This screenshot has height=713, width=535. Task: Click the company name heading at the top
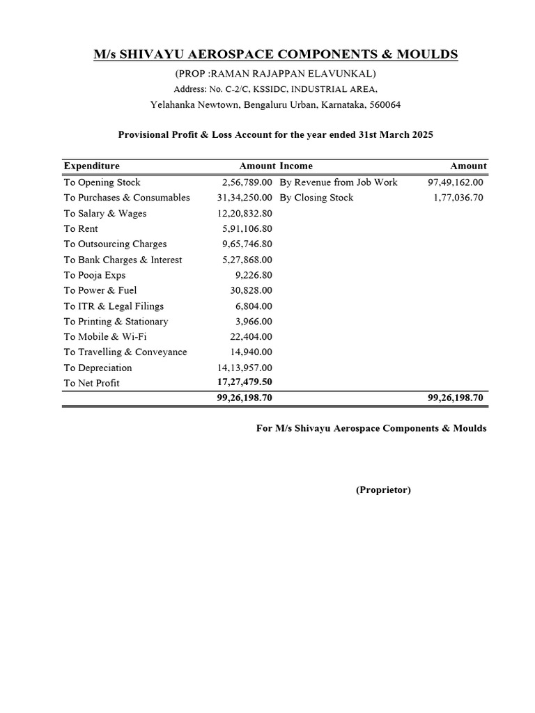click(x=276, y=55)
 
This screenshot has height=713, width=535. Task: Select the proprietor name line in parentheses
click(x=275, y=74)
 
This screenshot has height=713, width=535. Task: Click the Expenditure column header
click(x=92, y=166)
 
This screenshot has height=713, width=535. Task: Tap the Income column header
click(x=296, y=166)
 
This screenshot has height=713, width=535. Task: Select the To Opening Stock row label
click(x=102, y=182)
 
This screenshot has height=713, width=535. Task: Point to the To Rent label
click(x=81, y=229)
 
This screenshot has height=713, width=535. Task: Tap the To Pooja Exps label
click(x=95, y=275)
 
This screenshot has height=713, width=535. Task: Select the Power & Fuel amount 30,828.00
click(x=251, y=290)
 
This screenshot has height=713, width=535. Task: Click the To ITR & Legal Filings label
click(x=114, y=306)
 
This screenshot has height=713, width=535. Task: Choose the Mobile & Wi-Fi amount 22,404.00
click(x=251, y=337)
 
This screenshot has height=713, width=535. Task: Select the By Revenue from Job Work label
click(x=339, y=182)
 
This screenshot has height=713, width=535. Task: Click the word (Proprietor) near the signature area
click(x=383, y=490)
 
